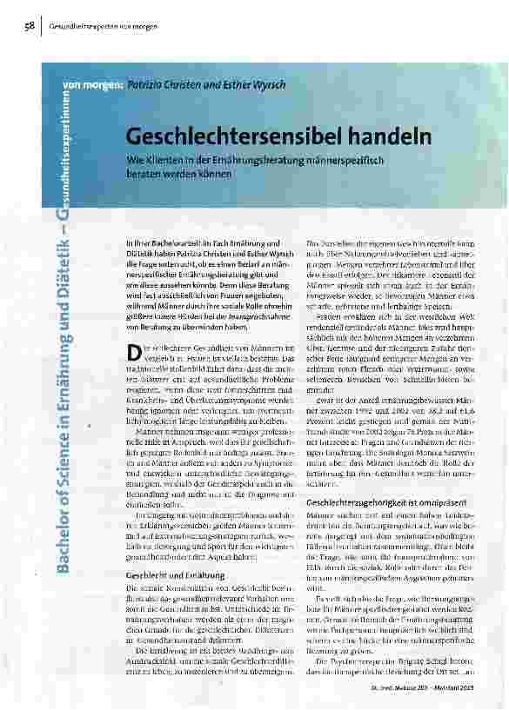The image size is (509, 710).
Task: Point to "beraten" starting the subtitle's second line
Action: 145,174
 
